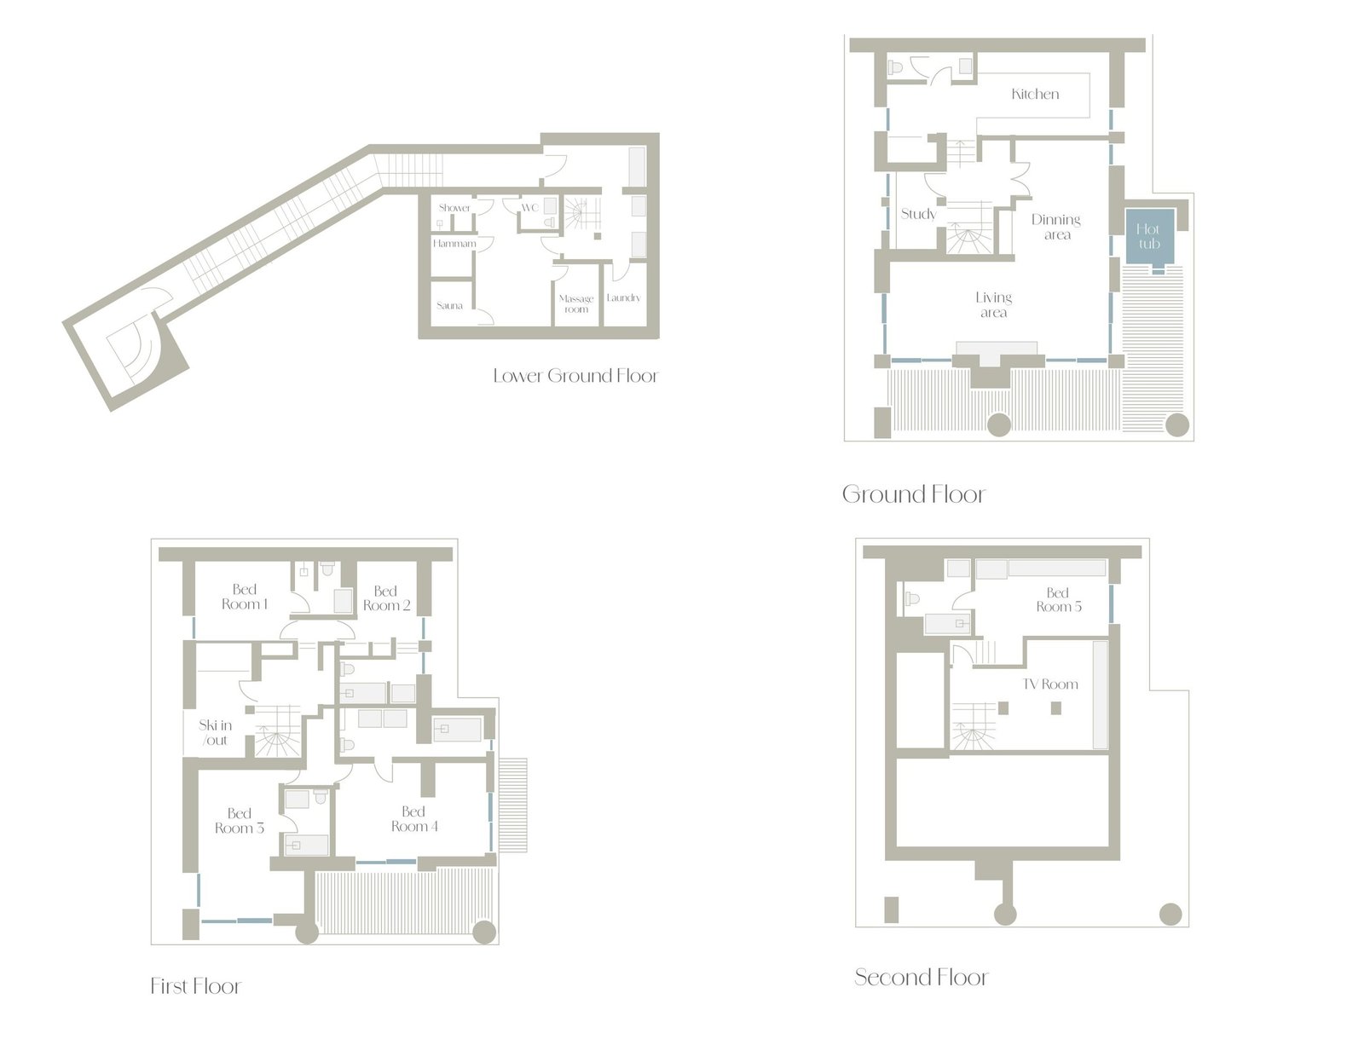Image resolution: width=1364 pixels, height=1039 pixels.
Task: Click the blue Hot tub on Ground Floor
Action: point(1149,237)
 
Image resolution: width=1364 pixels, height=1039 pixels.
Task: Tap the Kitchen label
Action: point(1035,94)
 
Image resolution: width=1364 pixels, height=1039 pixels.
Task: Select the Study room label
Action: point(918,214)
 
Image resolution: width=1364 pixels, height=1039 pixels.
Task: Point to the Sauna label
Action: point(449,305)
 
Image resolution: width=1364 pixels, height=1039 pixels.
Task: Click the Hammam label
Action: point(454,244)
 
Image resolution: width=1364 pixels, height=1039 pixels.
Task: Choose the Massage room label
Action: point(576,303)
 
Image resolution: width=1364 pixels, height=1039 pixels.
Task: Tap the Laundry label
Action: point(623,298)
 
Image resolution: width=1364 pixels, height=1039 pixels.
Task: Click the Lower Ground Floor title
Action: point(575,376)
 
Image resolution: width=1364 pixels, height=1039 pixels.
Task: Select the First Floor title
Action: point(196,985)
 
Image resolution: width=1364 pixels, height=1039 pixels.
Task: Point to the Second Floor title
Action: point(921,977)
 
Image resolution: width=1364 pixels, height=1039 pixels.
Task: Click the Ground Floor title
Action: point(914,494)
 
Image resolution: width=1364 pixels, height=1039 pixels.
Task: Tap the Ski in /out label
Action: point(215,732)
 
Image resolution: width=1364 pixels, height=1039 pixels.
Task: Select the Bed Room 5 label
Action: point(1058,599)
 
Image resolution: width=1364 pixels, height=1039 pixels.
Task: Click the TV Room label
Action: point(1049,684)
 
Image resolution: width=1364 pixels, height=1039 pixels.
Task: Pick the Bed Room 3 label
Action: point(240,821)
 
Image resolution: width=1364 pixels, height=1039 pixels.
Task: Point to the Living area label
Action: point(993,304)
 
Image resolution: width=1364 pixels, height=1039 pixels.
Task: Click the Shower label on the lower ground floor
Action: point(454,207)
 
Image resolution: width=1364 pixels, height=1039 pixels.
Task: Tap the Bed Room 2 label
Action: point(386,598)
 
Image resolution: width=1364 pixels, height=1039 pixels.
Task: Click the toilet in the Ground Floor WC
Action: point(894,67)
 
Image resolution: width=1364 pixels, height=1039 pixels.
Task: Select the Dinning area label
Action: point(1055,227)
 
